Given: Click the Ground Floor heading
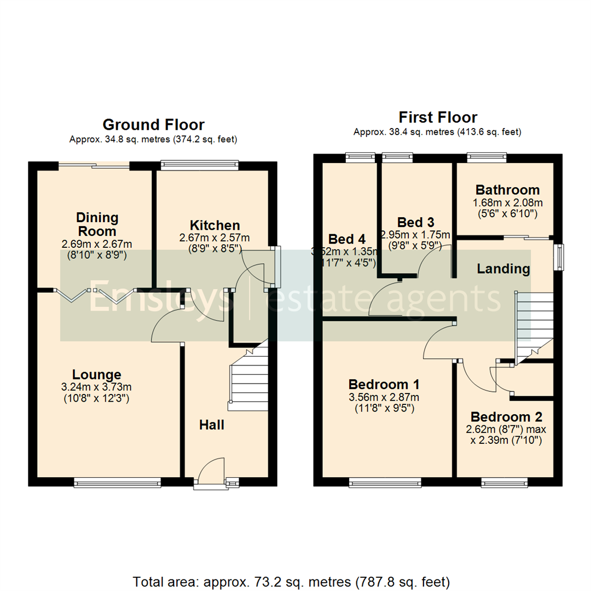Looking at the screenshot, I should (x=153, y=125).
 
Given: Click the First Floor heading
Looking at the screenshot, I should (x=438, y=117).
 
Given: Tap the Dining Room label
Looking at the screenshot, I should (x=96, y=224).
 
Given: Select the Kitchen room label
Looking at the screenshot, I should (x=215, y=225).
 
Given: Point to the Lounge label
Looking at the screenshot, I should (x=96, y=375).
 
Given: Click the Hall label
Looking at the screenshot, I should (x=211, y=425).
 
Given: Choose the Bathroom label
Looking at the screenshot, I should (x=507, y=190).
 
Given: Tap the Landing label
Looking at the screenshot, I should (x=503, y=269).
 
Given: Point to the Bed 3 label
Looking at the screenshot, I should (x=416, y=222).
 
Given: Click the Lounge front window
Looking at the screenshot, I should (x=117, y=482).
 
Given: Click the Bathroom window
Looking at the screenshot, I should (x=486, y=158).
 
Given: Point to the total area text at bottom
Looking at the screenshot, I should (x=291, y=581).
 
